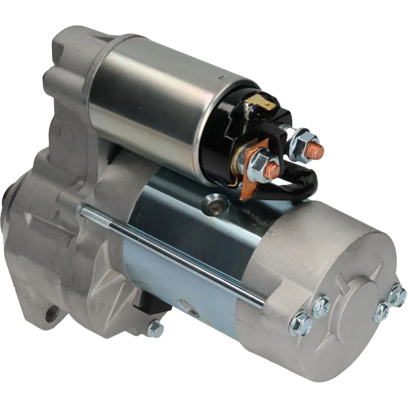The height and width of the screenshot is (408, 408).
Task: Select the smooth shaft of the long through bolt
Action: pos(187,259)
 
